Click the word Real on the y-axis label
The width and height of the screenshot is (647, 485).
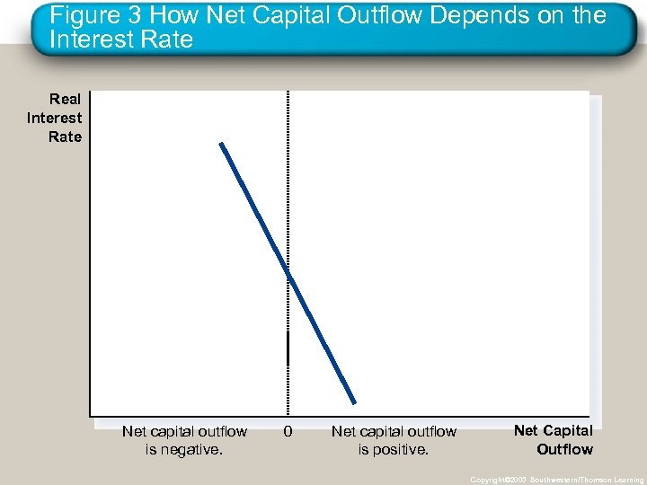[x=65, y=100]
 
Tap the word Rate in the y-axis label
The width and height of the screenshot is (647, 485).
[x=65, y=137]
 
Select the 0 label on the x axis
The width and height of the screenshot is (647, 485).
[x=288, y=432]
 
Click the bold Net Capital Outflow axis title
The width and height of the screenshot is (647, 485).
[x=554, y=440]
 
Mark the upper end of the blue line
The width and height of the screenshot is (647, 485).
[x=220, y=144]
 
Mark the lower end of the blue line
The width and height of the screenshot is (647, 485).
[x=355, y=402]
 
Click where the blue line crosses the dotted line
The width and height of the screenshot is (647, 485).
[x=288, y=272]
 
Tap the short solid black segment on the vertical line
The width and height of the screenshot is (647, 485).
[x=288, y=347]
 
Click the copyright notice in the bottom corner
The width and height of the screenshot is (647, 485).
[x=556, y=480]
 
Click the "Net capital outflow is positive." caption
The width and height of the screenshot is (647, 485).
[x=394, y=440]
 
